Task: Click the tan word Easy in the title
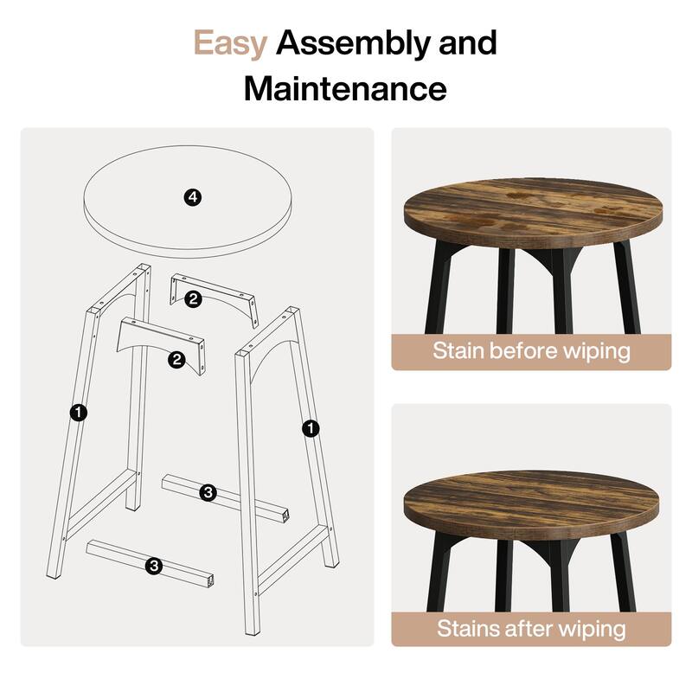(x=229, y=43)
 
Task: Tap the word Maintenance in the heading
(x=345, y=88)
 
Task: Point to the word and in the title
(x=465, y=43)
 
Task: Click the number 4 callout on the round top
(x=193, y=198)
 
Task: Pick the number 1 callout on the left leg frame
(x=79, y=413)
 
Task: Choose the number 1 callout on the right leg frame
(x=311, y=427)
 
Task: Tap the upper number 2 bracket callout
(x=193, y=299)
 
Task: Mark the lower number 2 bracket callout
(x=177, y=360)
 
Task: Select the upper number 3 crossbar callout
(x=208, y=492)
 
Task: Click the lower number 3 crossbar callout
(x=154, y=566)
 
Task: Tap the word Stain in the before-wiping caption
(x=460, y=351)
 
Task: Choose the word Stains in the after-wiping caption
(x=467, y=628)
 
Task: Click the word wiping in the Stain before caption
(x=597, y=352)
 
